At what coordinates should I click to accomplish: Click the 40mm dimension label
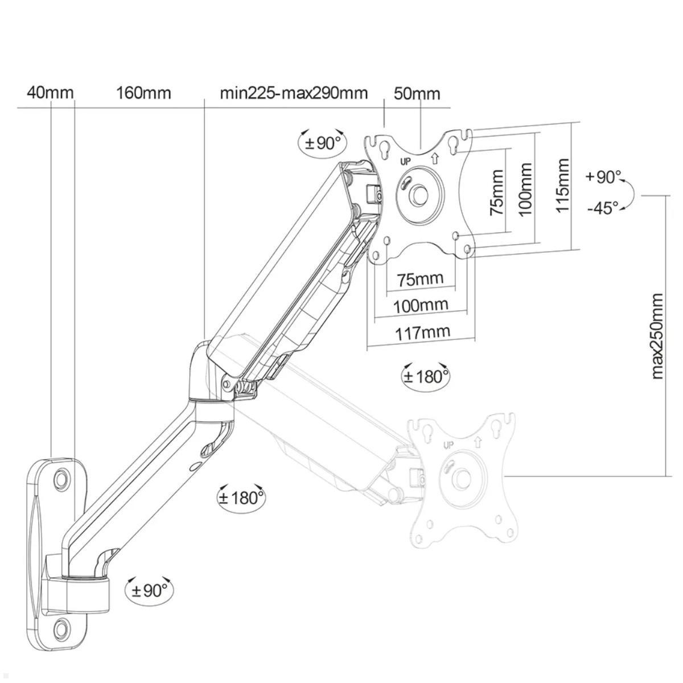tap(50, 92)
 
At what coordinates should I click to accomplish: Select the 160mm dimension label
tap(143, 92)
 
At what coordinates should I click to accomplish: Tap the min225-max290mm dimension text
tap(294, 92)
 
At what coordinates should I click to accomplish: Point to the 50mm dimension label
tap(417, 93)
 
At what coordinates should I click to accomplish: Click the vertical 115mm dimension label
tap(562, 186)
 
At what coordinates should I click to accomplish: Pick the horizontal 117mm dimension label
tap(422, 331)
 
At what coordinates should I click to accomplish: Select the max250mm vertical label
tap(657, 336)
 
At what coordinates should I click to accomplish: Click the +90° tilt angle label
tap(604, 177)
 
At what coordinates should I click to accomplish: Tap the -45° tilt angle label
tap(603, 208)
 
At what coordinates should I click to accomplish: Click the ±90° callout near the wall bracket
tap(150, 590)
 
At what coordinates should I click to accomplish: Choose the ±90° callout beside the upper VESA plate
tap(322, 142)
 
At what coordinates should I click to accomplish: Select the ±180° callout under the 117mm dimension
tap(426, 376)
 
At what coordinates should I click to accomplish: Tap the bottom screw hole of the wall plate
tap(61, 629)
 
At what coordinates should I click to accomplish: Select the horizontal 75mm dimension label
tap(421, 279)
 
